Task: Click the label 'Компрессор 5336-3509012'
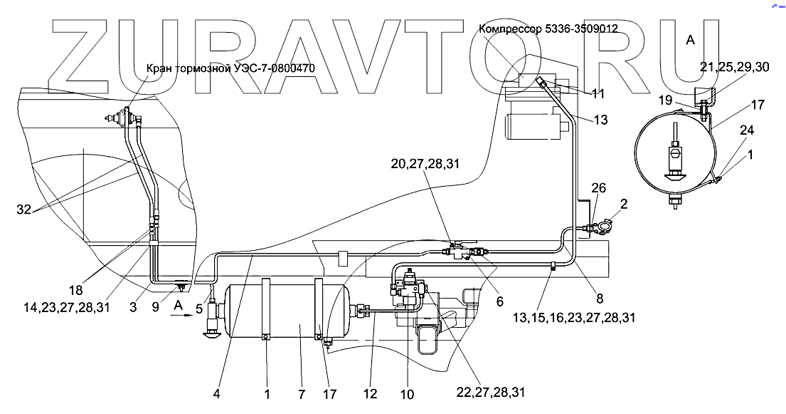coord(548,29)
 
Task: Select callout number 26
coord(600,188)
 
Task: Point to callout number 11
coord(599,93)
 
